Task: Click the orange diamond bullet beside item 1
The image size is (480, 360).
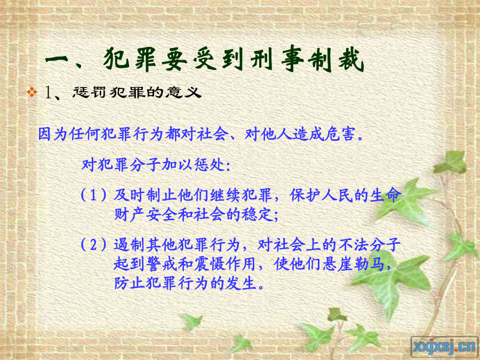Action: point(31,92)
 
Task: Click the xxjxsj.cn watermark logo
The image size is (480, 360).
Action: point(445,347)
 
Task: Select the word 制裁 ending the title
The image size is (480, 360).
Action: point(336,59)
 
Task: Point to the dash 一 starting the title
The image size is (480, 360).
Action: point(57,60)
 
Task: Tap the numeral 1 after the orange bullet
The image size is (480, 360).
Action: point(49,92)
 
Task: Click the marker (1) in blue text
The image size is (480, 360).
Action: point(94,195)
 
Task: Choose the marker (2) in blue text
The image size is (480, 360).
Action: point(94,244)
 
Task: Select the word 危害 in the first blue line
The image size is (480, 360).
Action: point(340,134)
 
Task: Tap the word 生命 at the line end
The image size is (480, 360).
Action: point(385,195)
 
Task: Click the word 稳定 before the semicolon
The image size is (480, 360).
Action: point(258,214)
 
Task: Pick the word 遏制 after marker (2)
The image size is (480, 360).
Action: point(130,244)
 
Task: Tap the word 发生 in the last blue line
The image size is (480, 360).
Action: point(242,283)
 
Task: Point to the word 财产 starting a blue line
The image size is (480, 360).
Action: point(130,214)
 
